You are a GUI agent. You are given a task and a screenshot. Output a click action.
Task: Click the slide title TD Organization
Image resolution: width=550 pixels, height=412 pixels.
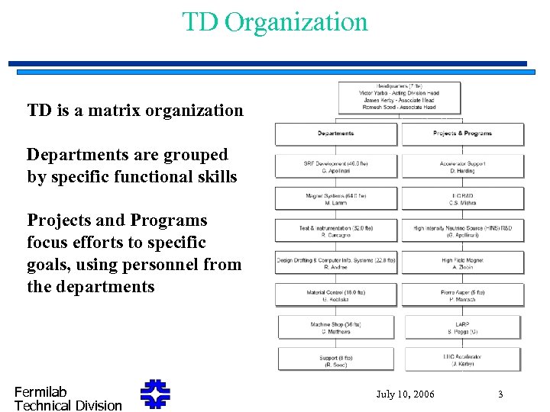coord(275,21)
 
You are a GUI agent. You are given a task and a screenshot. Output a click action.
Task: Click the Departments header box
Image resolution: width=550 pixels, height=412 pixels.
coord(336,134)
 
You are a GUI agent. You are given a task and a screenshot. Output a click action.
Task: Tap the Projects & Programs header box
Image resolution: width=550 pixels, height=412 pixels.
coord(463,134)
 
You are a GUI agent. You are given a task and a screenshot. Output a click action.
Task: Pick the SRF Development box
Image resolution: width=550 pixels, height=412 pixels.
coord(336,166)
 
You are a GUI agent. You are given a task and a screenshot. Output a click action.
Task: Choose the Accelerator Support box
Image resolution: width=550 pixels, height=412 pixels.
coord(463,166)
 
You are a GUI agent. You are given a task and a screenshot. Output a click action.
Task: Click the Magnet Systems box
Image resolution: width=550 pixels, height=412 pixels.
coord(336,199)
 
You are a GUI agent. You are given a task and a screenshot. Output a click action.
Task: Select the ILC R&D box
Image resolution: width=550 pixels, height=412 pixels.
coord(463,199)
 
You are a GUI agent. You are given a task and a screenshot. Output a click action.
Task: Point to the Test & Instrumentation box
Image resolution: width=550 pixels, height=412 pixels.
coord(336,231)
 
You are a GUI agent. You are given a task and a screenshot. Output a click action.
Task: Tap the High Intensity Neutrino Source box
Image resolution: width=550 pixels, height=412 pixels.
coord(463,231)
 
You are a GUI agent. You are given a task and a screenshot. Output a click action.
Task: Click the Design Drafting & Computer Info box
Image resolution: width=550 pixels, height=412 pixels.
coord(336,263)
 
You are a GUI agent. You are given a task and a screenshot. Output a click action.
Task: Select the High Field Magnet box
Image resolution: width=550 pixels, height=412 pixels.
coord(463,263)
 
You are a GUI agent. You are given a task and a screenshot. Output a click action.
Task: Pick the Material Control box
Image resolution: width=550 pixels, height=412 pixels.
coord(336,295)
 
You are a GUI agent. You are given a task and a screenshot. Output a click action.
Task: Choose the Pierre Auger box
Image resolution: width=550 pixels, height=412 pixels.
coord(463,295)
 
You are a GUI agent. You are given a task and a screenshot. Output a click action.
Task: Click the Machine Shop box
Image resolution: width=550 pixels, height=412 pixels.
coord(336,327)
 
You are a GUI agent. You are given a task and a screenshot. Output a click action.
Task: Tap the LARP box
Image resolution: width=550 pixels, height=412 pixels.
coord(463,327)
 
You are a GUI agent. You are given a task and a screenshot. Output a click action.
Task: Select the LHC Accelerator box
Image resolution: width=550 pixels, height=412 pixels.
coord(463,359)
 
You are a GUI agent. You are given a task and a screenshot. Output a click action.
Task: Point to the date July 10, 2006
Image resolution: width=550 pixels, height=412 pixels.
coord(406,394)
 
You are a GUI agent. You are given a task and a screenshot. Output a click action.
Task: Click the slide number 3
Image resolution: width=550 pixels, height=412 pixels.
coord(500,394)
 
